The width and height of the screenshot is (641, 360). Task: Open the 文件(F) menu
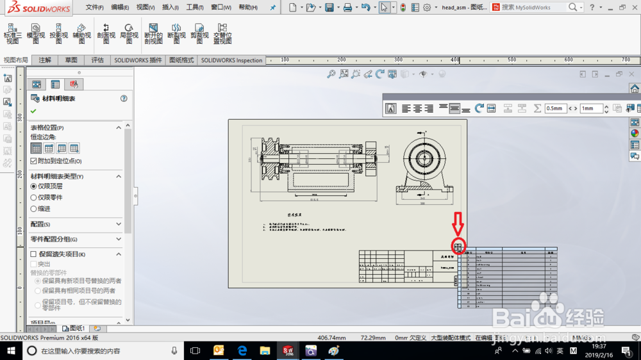(94, 8)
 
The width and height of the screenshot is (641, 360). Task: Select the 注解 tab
(45, 60)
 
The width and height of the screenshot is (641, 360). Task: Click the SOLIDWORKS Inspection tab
(231, 60)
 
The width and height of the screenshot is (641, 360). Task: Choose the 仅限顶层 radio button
(34, 186)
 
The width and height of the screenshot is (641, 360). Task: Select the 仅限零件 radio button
(34, 197)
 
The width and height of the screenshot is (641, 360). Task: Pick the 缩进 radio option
(34, 209)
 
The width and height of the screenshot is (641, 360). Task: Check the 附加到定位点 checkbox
(34, 161)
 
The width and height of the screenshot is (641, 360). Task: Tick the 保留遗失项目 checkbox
(34, 254)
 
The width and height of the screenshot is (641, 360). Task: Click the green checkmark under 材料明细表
(33, 111)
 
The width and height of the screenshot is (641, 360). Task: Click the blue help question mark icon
(124, 99)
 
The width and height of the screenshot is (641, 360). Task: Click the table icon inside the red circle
(458, 247)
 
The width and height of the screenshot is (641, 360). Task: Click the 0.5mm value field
(555, 109)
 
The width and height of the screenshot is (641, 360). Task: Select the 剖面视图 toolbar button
(106, 32)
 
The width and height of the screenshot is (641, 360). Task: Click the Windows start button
(11, 351)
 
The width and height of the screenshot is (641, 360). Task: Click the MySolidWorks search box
(532, 8)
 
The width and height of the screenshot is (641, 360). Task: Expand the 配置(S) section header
(76, 224)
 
